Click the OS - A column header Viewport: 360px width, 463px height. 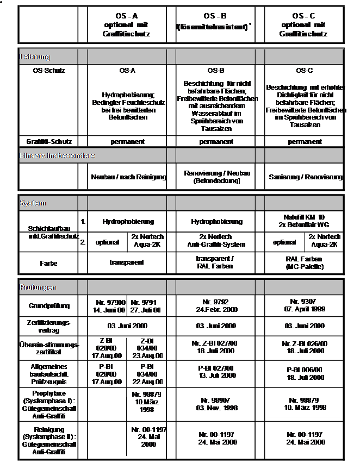[x=127, y=25]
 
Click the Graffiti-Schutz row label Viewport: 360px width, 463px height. [x=48, y=142]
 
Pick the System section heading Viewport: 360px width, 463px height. [x=33, y=203]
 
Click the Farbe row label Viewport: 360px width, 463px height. [x=48, y=262]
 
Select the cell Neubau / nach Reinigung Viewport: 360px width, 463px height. [x=127, y=177]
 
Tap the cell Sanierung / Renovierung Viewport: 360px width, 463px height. [x=306, y=177]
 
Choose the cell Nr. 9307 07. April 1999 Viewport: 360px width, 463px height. [x=306, y=305]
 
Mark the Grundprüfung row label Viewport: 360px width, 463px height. [x=48, y=305]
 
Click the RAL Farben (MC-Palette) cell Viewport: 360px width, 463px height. [x=306, y=262]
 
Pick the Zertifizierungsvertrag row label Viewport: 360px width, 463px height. [x=48, y=326]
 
